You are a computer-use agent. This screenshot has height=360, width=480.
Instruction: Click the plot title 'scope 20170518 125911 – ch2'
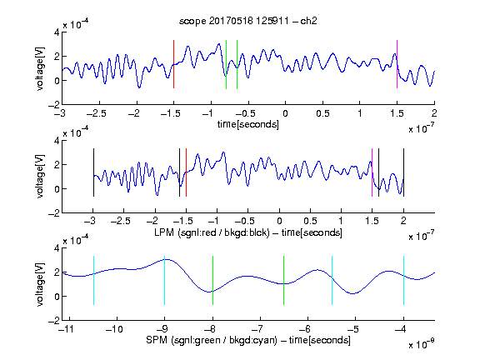248,21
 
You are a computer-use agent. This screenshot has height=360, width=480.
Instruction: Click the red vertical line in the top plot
173,64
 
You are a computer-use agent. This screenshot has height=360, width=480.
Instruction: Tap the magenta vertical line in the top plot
397,64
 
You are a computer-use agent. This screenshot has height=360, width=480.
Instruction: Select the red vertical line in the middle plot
186,172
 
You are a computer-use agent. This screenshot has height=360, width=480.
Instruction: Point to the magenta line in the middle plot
372,172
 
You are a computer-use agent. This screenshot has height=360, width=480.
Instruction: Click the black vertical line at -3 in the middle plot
93,172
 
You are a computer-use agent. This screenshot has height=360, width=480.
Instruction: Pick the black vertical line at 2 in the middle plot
404,172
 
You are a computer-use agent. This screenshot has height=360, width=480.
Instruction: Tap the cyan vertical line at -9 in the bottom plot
165,280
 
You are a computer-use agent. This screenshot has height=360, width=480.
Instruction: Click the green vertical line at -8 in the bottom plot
212,280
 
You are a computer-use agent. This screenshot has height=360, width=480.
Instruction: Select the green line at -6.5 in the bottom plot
284,280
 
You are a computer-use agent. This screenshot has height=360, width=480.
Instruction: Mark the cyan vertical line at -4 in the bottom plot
404,280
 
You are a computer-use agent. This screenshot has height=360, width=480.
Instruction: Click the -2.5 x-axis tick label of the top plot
96,114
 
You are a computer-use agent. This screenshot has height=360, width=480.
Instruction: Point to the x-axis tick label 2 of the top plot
434,113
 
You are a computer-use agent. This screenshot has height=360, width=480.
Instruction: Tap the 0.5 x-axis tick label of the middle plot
310,222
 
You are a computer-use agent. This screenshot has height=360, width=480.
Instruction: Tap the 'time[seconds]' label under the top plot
248,124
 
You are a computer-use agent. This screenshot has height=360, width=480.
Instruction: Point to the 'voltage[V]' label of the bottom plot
40,285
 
